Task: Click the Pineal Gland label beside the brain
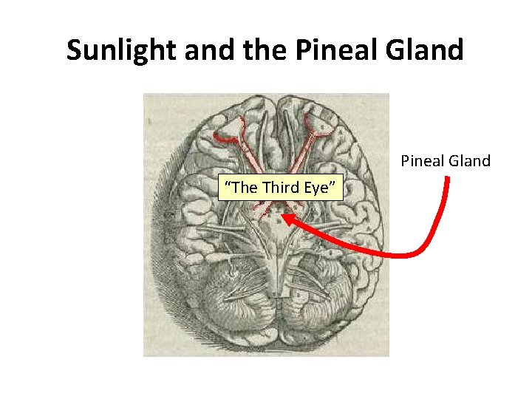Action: click(446, 160)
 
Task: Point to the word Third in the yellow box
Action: click(283, 188)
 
